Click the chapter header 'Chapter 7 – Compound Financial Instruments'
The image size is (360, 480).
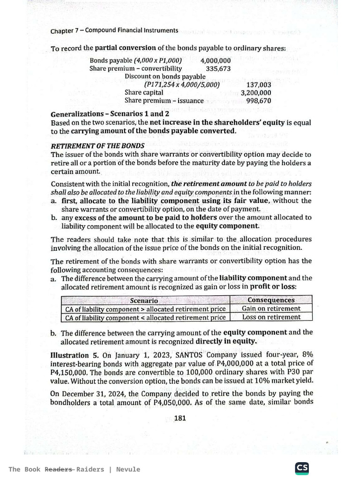tap(114, 30)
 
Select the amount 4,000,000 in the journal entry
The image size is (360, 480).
tap(215, 60)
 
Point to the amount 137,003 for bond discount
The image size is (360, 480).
tap(258, 85)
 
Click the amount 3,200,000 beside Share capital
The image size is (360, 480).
tap(256, 93)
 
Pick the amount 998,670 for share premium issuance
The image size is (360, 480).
tap(258, 101)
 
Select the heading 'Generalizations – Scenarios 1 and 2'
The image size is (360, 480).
tap(110, 114)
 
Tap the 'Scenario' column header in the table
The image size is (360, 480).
tap(144, 300)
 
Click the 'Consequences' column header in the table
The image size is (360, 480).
tap(271, 300)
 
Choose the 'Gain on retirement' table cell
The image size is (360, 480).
tap(271, 308)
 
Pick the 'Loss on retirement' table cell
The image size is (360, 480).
tap(271, 317)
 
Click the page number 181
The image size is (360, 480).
tap(180, 418)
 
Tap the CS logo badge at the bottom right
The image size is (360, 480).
tap(301, 468)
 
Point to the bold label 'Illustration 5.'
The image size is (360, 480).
tap(75, 355)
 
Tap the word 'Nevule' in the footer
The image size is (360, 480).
tap(128, 469)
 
